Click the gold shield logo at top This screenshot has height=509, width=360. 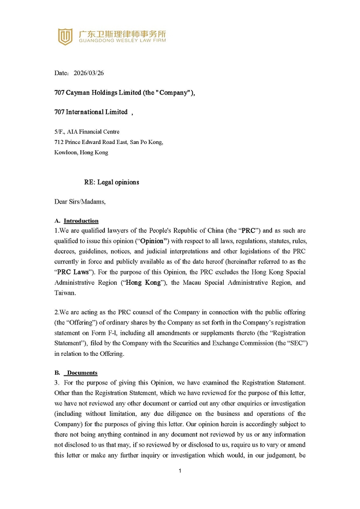[65, 37]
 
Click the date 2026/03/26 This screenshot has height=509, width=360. [88, 73]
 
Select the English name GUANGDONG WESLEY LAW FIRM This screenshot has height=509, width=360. [122, 41]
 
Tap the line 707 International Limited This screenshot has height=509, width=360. [91, 112]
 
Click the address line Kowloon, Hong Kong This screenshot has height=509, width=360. [81, 152]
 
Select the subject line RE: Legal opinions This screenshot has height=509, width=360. [112, 182]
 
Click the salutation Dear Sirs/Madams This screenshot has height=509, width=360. [80, 202]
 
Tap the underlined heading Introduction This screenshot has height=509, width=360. [81, 221]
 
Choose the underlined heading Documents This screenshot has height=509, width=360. [82, 373]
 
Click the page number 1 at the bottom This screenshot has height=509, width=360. [180, 471]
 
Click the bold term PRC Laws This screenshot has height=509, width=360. [73, 272]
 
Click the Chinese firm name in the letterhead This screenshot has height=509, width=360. [122, 33]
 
